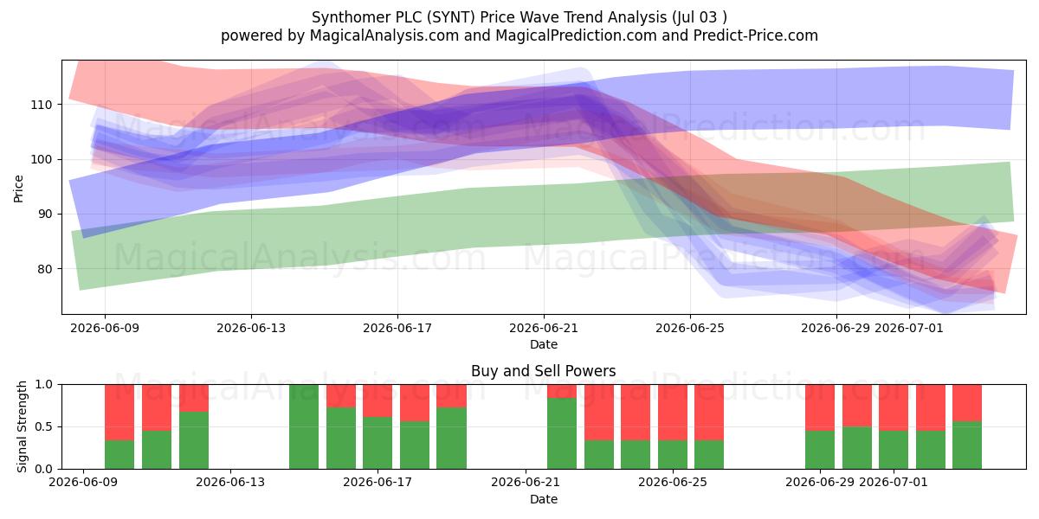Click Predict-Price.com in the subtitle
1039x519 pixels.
pyautogui.click(x=756, y=35)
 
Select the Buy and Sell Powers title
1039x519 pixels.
pyautogui.click(x=543, y=371)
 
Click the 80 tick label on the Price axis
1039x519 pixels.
pyautogui.click(x=44, y=269)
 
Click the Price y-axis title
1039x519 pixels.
pyautogui.click(x=18, y=189)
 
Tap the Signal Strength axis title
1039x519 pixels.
pyautogui.click(x=22, y=426)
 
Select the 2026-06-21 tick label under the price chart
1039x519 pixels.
pyautogui.click(x=544, y=328)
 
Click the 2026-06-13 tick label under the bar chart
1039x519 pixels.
pyautogui.click(x=230, y=482)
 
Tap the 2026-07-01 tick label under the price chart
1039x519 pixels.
pyautogui.click(x=908, y=328)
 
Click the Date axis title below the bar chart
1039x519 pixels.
pyautogui.click(x=544, y=499)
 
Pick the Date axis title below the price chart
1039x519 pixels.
pyautogui.click(x=544, y=344)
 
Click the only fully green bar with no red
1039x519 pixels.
pyautogui.click(x=304, y=426)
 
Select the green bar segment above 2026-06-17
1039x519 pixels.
pyautogui.click(x=378, y=443)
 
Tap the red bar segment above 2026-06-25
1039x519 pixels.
pyautogui.click(x=673, y=413)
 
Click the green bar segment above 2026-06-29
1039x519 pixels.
pyautogui.click(x=820, y=450)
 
